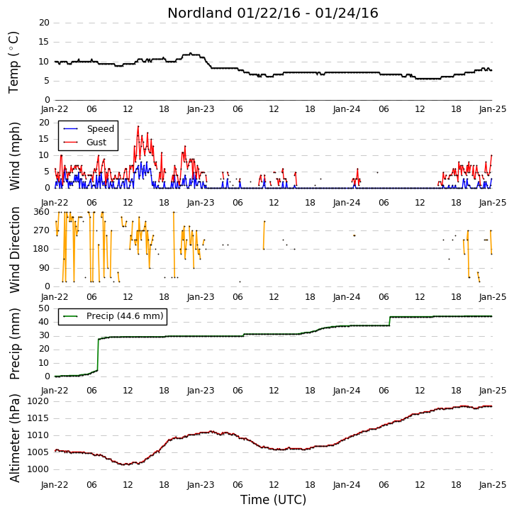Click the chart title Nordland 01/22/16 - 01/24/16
[273, 13]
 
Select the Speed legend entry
[89, 129]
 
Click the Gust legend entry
[85, 143]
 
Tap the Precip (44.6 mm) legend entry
[113, 316]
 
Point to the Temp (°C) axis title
[13, 62]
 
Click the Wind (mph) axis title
[14, 156]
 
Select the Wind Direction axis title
[14, 250]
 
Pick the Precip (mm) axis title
[14, 344]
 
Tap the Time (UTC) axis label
[273, 500]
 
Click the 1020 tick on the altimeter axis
[38, 401]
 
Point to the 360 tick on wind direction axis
[42, 212]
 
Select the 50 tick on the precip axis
[44, 308]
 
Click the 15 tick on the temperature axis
[44, 42]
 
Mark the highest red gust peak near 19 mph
[138, 126]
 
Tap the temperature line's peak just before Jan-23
[191, 53]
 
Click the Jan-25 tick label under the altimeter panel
[493, 485]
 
